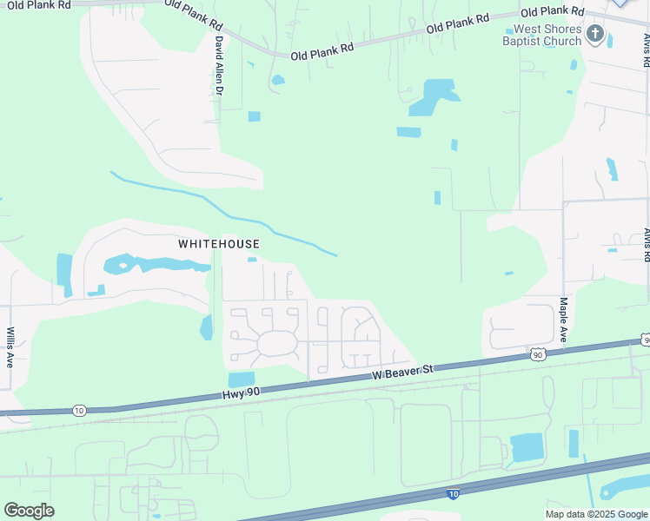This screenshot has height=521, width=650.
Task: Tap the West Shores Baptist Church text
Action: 542,36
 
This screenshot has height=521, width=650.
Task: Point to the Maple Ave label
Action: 563,320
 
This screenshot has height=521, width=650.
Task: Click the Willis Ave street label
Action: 10,347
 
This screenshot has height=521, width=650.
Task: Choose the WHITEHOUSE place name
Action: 219,244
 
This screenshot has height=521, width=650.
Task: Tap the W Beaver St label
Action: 402,372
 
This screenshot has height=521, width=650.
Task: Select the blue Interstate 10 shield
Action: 453,493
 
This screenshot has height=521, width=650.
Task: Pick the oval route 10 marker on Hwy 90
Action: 79,410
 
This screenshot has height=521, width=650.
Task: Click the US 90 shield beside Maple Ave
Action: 538,354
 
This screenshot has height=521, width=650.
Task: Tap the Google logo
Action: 29,510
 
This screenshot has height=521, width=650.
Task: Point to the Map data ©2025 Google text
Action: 596,514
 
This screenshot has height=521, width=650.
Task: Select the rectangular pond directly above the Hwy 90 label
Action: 242,379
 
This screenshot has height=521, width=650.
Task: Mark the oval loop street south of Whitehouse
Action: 277,344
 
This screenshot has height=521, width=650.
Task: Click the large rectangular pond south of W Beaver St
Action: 526,447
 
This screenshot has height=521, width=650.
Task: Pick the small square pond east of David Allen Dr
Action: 254,116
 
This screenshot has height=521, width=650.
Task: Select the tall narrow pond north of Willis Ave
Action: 64,270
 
